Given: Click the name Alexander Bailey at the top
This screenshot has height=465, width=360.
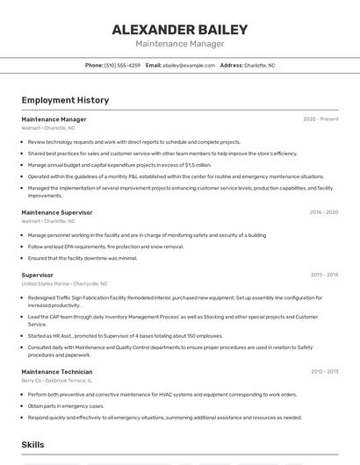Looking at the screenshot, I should point(179,29).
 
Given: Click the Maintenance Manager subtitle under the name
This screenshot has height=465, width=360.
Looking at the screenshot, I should point(179,44).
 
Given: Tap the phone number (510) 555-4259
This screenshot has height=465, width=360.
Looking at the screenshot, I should point(122,65).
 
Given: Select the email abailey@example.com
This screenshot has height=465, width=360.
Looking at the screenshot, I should point(189,65).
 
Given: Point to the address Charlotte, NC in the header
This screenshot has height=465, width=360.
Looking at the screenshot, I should point(259,65).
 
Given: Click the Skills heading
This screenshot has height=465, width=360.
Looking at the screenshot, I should point(32,445).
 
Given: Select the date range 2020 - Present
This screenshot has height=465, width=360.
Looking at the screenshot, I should point(320,119).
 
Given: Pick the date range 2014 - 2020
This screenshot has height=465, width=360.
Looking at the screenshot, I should point(323,212).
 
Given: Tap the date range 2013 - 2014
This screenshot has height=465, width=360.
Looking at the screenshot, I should point(323,275).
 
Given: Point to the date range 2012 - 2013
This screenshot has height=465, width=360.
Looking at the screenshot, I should point(323,372).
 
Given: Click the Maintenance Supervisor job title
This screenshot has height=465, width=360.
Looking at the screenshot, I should point(56,212).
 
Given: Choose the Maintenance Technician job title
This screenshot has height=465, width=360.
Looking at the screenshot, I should point(56,372).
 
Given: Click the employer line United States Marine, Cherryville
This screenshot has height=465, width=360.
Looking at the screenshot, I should point(64,284).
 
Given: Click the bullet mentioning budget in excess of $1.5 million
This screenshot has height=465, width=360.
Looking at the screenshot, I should point(119,165).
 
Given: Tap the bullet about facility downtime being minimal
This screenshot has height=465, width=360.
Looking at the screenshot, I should point(83,258).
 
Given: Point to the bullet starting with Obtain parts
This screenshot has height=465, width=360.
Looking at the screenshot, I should point(66,406).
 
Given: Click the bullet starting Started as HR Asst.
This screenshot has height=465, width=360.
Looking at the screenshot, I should point(125,335).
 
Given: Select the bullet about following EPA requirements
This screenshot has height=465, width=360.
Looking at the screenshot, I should point(105,247).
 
